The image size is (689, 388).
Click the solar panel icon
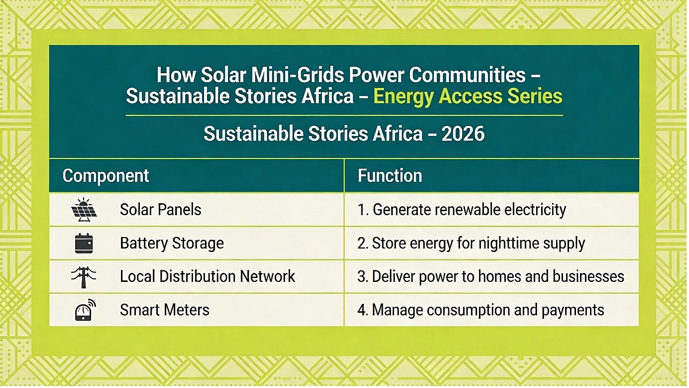[84, 210]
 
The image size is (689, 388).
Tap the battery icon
[84, 244]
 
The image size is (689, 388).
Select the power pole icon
[84, 277]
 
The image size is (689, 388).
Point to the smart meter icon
[85, 310]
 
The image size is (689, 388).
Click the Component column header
[106, 176]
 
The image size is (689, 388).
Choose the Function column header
[390, 176]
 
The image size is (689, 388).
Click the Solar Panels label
[161, 210]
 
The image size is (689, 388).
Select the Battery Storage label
[172, 244]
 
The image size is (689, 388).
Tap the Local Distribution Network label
[207, 276]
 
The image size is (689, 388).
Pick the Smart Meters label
[165, 310]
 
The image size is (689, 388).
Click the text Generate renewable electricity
[469, 210]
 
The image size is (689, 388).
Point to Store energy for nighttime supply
[478, 244]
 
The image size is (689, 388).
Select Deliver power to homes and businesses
[498, 276]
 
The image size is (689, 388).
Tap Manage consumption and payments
[488, 310]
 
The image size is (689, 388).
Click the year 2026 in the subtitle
[463, 134]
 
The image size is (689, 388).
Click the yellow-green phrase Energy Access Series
[468, 96]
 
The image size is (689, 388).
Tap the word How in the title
[176, 75]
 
